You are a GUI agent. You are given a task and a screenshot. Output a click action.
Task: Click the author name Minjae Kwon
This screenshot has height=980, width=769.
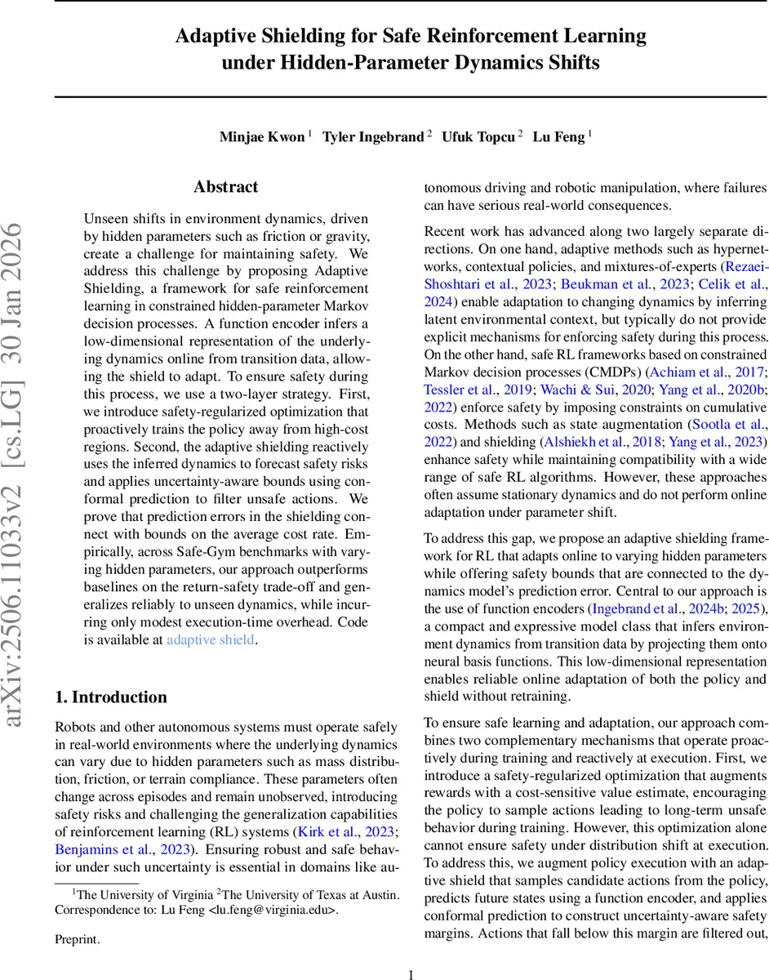[x=262, y=136]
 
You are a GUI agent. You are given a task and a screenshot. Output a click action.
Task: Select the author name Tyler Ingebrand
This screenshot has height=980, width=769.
[x=373, y=136]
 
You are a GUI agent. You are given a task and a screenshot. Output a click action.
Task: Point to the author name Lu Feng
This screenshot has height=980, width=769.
[x=559, y=136]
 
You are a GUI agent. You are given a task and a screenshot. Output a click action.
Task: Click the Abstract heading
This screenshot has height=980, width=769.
[x=226, y=187]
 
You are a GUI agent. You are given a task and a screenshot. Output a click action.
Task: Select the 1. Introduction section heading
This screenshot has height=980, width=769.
[x=111, y=697]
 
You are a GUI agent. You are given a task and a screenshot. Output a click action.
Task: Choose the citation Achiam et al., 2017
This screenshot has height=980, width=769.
[x=715, y=372]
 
